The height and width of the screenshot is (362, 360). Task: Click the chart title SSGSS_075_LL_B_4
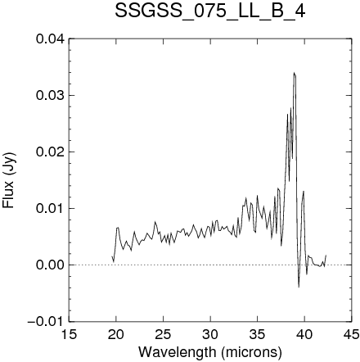tap(210, 11)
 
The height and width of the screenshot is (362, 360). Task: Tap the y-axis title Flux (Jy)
tap(9, 180)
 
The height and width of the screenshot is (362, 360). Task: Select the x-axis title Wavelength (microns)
tap(210, 352)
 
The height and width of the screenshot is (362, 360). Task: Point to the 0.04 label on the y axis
tap(51, 39)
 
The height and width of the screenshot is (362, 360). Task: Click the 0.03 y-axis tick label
tap(51, 96)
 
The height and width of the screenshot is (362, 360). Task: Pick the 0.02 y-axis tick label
tap(51, 152)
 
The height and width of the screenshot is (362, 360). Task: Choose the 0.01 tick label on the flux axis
tap(51, 209)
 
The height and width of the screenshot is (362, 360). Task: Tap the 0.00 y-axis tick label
tap(51, 265)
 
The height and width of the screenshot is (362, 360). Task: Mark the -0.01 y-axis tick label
tap(47, 322)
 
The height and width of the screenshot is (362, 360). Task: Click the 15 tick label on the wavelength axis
tap(69, 334)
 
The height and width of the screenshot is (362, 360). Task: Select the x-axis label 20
tap(116, 334)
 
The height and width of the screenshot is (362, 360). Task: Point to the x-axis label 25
tap(163, 334)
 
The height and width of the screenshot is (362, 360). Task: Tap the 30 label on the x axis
tap(210, 334)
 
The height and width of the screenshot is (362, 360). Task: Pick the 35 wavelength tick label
tap(257, 334)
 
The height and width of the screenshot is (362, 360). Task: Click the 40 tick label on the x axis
tap(304, 334)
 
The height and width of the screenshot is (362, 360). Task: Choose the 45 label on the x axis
tap(351, 334)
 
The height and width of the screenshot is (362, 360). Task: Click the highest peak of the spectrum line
tap(294, 72)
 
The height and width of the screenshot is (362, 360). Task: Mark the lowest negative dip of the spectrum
tap(299, 287)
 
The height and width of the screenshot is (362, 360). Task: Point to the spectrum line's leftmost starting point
tap(112, 256)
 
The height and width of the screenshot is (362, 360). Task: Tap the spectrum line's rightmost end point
tap(326, 255)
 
